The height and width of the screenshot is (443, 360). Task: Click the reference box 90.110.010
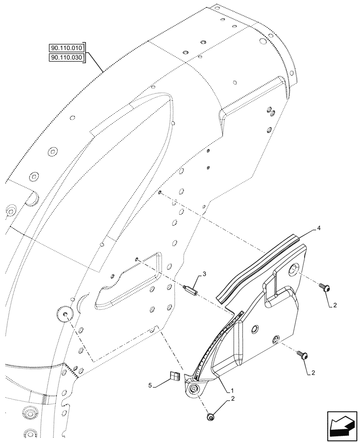coord(67,47)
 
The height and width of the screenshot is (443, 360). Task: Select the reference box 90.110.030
coord(67,58)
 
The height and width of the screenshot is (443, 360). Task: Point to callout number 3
coord(204,275)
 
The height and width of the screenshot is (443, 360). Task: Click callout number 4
coord(319,229)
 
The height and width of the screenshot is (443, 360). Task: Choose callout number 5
coord(152,387)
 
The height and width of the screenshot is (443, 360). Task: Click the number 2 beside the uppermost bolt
coord(335,305)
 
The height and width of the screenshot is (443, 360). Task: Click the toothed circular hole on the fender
coord(64,315)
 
